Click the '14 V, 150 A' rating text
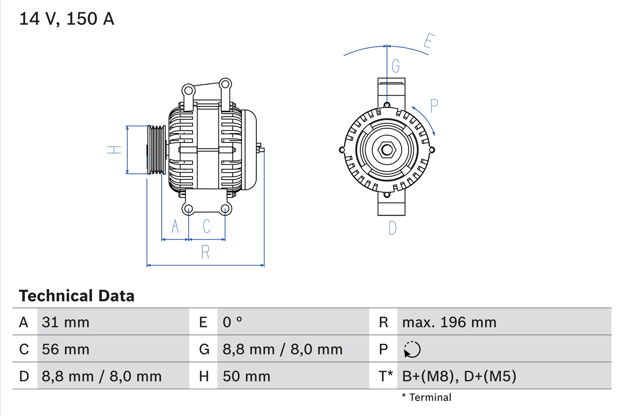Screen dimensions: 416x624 coord(67,19)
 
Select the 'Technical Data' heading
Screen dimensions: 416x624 coord(77,296)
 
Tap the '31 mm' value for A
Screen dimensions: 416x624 coord(66,322)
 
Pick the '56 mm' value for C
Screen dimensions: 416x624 coord(66,349)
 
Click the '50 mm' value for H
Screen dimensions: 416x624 coord(246,376)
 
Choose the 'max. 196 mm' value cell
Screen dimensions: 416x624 coord(449,322)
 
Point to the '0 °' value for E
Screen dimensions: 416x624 coord(233,322)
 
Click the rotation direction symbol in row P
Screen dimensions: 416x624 coord(412,349)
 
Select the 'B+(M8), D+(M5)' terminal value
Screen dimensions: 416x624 coord(459,376)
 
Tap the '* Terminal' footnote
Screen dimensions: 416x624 coord(427,397)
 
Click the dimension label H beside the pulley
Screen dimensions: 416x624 coord(114,150)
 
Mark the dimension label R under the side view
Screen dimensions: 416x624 coord(205,252)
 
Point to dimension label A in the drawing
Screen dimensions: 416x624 coord(175,226)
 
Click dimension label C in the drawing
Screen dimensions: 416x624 coord(207,226)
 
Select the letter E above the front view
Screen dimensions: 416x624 coord(428,41)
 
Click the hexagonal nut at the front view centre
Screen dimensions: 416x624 coord(387,150)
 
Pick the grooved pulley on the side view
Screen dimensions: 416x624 coord(156,150)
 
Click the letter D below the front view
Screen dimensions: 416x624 coord(392,228)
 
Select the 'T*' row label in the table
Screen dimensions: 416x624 coord(386,376)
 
